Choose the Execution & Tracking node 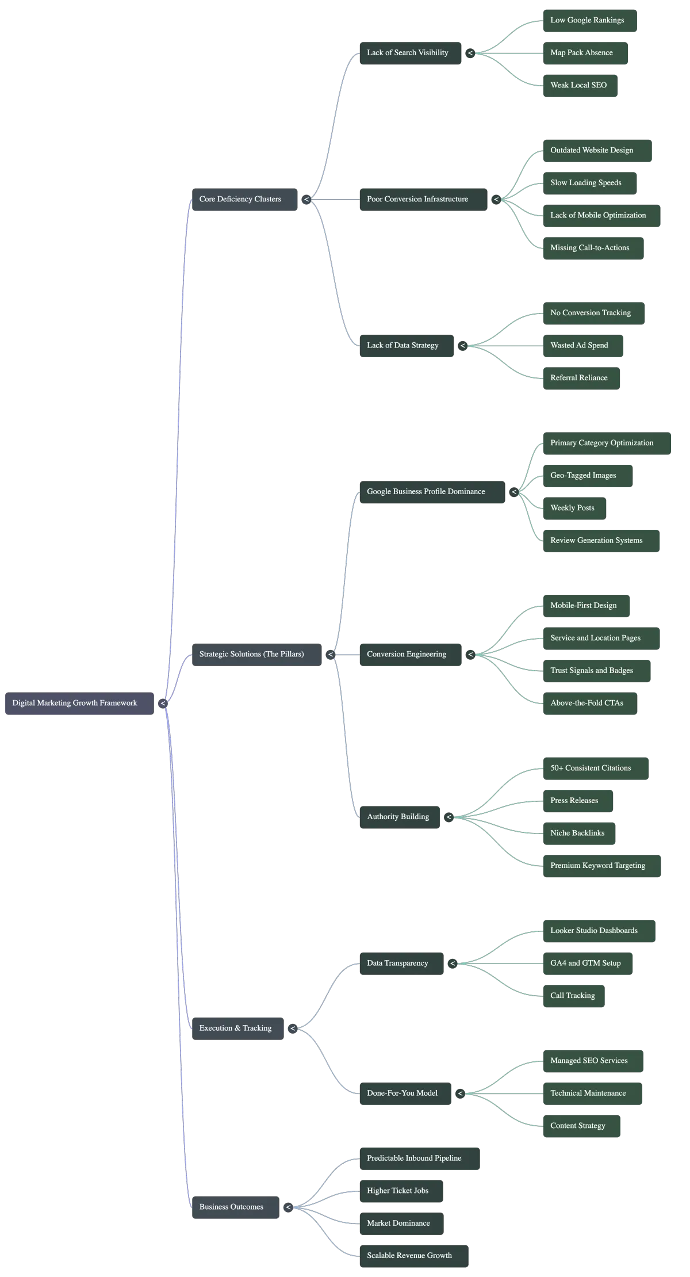[x=236, y=1028]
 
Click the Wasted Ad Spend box [x=582, y=346]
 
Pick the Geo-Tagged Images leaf [x=587, y=476]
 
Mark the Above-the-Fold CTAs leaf [x=589, y=703]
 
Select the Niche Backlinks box [x=578, y=833]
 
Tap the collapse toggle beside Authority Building [x=449, y=817]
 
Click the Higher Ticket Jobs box [x=401, y=1191]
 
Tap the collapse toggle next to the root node [x=163, y=703]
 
